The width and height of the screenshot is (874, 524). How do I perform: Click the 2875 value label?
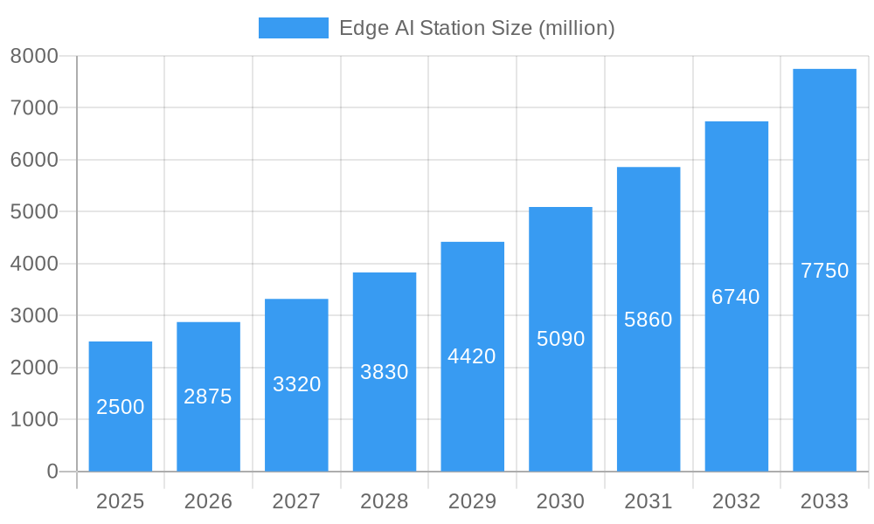pyautogui.click(x=208, y=396)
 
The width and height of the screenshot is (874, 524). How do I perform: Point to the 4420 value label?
pyautogui.click(x=472, y=356)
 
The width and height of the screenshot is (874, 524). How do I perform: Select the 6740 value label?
pyautogui.click(x=736, y=297)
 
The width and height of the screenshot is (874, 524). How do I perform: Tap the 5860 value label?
pyautogui.click(x=649, y=320)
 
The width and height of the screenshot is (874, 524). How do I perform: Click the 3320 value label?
pyautogui.click(x=297, y=384)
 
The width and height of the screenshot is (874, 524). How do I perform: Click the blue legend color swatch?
pyautogui.click(x=294, y=28)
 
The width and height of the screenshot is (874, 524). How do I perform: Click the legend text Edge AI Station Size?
pyautogui.click(x=477, y=28)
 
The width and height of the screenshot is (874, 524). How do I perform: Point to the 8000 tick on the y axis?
pyautogui.click(x=34, y=56)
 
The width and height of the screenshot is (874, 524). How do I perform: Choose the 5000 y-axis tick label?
pyautogui.click(x=34, y=212)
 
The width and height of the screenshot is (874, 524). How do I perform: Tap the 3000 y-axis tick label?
pyautogui.click(x=34, y=316)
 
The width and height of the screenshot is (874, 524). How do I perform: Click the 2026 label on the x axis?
pyautogui.click(x=208, y=501)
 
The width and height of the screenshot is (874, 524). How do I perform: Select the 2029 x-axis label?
pyautogui.click(x=472, y=501)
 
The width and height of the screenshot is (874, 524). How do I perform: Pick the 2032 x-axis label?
pyautogui.click(x=736, y=501)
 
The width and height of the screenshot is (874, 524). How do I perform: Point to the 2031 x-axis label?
pyautogui.click(x=649, y=501)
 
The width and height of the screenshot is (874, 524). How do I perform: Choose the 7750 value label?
pyautogui.click(x=824, y=271)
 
